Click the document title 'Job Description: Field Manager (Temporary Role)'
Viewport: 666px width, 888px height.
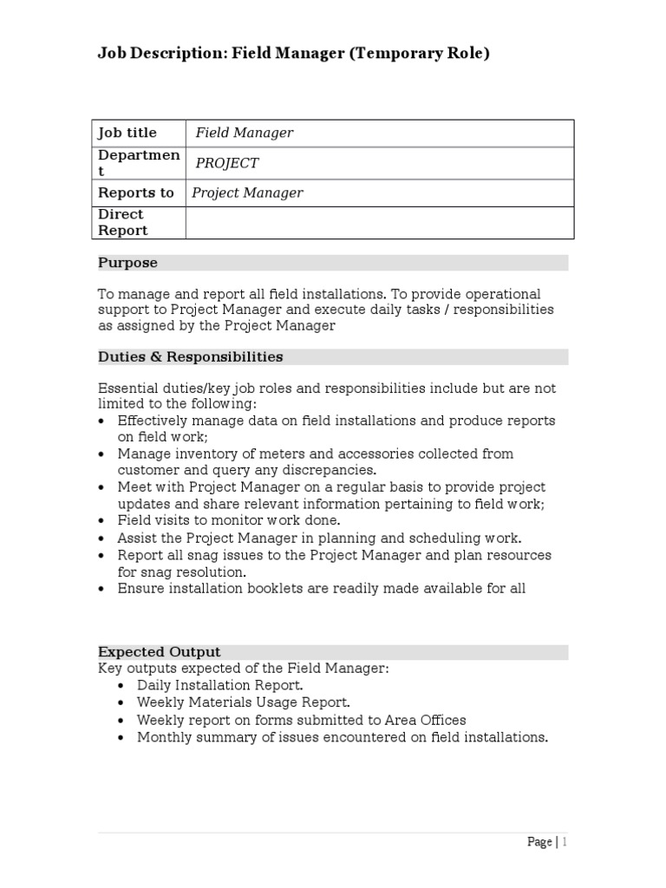click(294, 54)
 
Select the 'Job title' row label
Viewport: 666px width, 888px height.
click(127, 133)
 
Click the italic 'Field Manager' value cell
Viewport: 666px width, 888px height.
click(244, 133)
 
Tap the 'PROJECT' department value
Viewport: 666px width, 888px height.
click(226, 163)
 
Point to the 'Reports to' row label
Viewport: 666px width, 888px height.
click(135, 193)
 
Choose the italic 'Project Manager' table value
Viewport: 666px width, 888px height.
click(247, 193)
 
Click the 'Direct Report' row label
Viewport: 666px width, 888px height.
click(122, 222)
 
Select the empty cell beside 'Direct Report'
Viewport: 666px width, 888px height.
click(379, 222)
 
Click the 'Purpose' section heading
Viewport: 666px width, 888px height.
click(127, 263)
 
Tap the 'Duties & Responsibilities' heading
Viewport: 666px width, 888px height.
click(190, 356)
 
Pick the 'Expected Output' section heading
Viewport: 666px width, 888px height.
click(159, 652)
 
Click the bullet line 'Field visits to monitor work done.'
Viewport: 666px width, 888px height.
click(229, 520)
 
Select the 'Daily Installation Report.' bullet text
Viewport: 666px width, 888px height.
click(220, 685)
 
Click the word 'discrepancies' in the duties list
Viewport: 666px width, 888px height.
click(332, 470)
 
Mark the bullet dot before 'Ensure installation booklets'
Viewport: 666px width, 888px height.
click(103, 589)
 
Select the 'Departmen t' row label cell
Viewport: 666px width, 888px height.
click(138, 163)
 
